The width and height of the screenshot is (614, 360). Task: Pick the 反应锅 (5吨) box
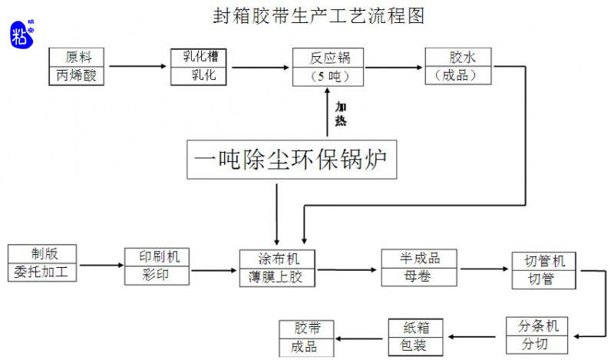[328, 67]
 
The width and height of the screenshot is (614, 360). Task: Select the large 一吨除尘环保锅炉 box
[292, 160]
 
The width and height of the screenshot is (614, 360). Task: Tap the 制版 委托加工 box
[43, 263]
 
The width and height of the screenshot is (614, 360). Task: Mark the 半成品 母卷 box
[420, 268]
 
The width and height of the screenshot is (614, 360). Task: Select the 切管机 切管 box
[546, 271]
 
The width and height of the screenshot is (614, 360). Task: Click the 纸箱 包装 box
[418, 337]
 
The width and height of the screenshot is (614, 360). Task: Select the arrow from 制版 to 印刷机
[101, 266]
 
